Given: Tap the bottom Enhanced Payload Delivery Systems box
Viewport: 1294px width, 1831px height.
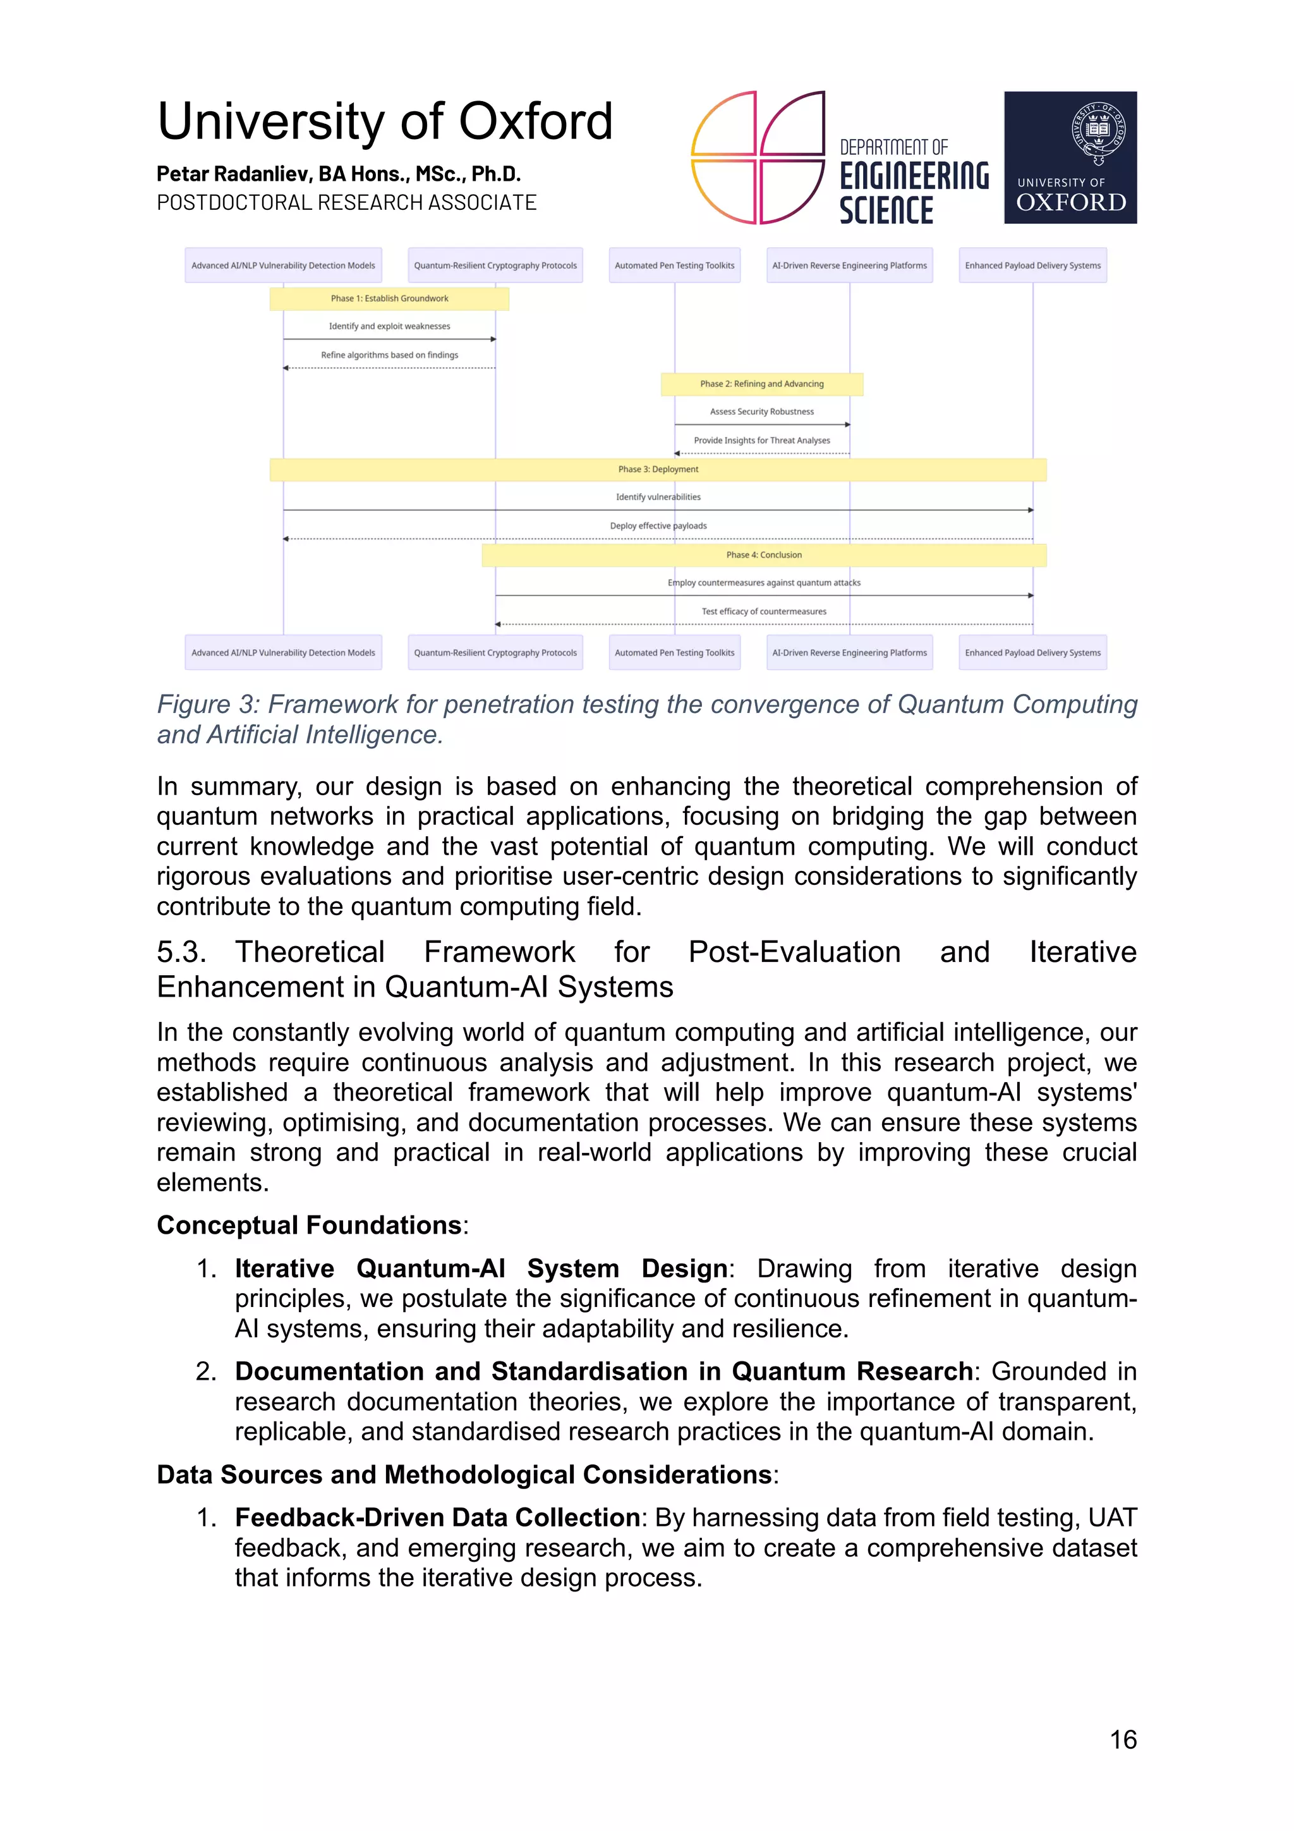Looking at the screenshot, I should [x=1032, y=652].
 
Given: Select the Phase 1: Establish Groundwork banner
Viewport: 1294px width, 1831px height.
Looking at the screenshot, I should [x=389, y=298].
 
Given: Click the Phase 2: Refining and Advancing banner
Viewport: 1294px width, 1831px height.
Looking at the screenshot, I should [x=761, y=384].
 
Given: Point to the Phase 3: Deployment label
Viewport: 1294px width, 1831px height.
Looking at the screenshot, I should [x=658, y=469].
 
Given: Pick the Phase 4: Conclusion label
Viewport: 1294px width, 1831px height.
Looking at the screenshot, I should [x=763, y=555].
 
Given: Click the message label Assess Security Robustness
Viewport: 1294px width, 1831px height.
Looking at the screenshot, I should [x=761, y=411].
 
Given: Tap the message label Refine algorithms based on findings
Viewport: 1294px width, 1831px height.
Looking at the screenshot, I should [x=389, y=355].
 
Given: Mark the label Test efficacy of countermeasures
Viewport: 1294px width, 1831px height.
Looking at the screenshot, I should [x=763, y=612].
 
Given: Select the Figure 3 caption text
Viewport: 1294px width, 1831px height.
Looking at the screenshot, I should [x=646, y=719].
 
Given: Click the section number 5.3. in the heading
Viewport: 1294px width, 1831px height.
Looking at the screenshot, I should [x=181, y=952].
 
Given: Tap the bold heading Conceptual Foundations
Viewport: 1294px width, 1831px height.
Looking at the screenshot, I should [x=308, y=1225].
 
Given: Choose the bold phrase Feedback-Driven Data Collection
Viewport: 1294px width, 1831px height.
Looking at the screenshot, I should [x=437, y=1517].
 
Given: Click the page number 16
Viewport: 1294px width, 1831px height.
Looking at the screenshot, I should [x=1123, y=1739].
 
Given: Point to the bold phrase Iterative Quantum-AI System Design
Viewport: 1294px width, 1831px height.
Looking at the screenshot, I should [x=481, y=1268].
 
